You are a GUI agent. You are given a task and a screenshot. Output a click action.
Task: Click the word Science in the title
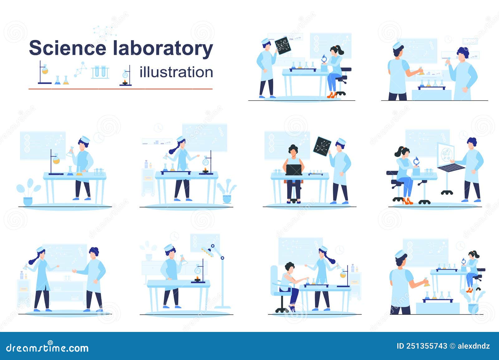tap(67, 48)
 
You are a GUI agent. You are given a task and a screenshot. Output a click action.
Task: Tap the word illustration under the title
tap(176, 72)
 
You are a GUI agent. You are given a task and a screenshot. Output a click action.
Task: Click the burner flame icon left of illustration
tap(125, 82)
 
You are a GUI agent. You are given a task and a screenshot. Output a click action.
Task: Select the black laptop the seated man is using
tap(294, 170)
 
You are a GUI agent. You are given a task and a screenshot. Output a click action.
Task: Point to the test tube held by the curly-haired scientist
tap(448, 61)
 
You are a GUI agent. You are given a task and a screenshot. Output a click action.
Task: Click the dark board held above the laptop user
tap(322, 146)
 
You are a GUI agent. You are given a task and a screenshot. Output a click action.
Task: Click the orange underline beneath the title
tap(120, 89)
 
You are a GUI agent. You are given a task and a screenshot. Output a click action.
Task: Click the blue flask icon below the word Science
tap(58, 80)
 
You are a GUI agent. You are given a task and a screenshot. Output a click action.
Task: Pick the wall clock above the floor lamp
tap(175, 236)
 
